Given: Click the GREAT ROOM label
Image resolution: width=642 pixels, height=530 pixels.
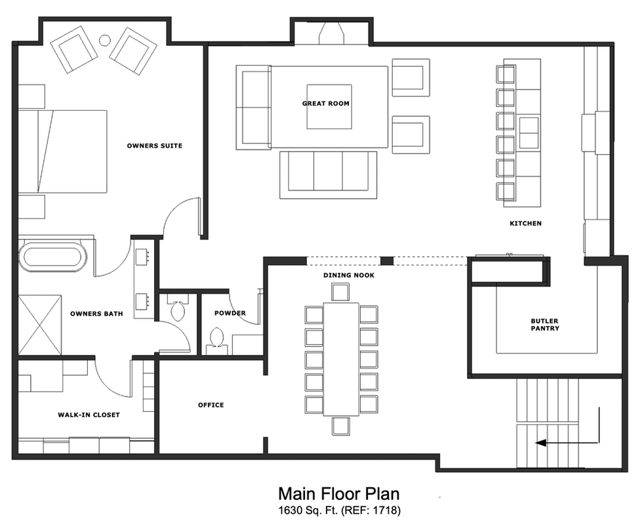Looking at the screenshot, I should point(325,104).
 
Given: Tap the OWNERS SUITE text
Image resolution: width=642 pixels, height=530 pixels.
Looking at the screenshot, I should point(154,146).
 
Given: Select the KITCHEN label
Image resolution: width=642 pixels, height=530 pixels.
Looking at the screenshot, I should point(525,224).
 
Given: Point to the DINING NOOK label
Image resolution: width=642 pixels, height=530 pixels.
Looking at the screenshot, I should point(349,275).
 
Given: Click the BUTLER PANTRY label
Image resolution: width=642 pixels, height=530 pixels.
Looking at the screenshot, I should point(545,325).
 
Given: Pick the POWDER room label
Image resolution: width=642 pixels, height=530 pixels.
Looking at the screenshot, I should point(230,313).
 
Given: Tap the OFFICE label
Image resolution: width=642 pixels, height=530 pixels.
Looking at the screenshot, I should point(211,405).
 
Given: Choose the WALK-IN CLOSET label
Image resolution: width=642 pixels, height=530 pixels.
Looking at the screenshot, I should point(89,415).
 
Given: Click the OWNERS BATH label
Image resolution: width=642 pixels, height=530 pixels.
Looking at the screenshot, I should point(96,314).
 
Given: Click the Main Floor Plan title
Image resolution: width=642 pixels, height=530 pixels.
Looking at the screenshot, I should point(338,493).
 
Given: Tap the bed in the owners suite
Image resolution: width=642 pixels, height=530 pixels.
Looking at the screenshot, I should point(62,152).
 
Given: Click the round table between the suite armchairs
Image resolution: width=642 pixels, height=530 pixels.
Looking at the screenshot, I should point(105,41).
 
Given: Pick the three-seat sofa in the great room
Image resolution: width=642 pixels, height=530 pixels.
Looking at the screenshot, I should point(328,174).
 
